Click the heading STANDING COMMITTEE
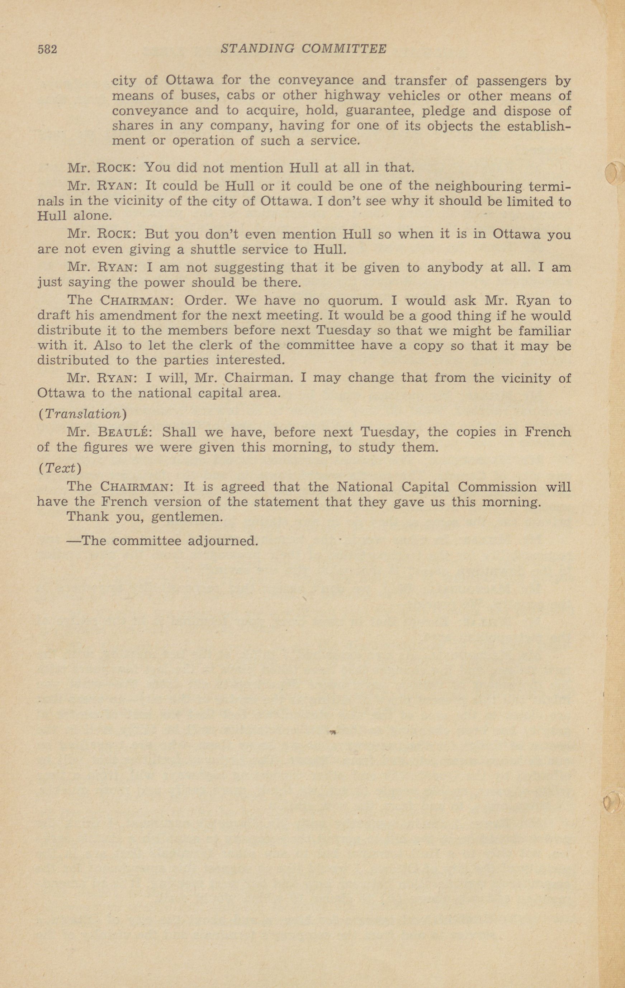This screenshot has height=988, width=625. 303,49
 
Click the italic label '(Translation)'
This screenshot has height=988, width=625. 82,414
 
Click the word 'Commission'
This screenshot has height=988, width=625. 497,487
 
